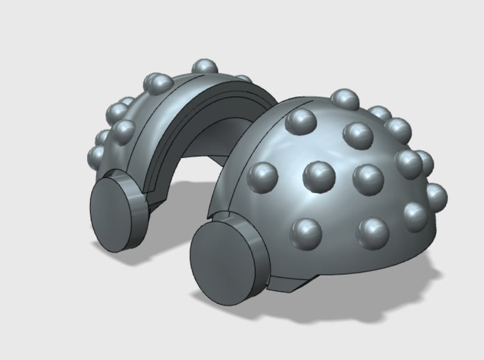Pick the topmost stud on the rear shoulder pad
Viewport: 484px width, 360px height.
tap(202, 66)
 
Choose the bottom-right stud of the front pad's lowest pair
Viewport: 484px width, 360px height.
tap(372, 232)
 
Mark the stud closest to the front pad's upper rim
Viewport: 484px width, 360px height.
tap(299, 121)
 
